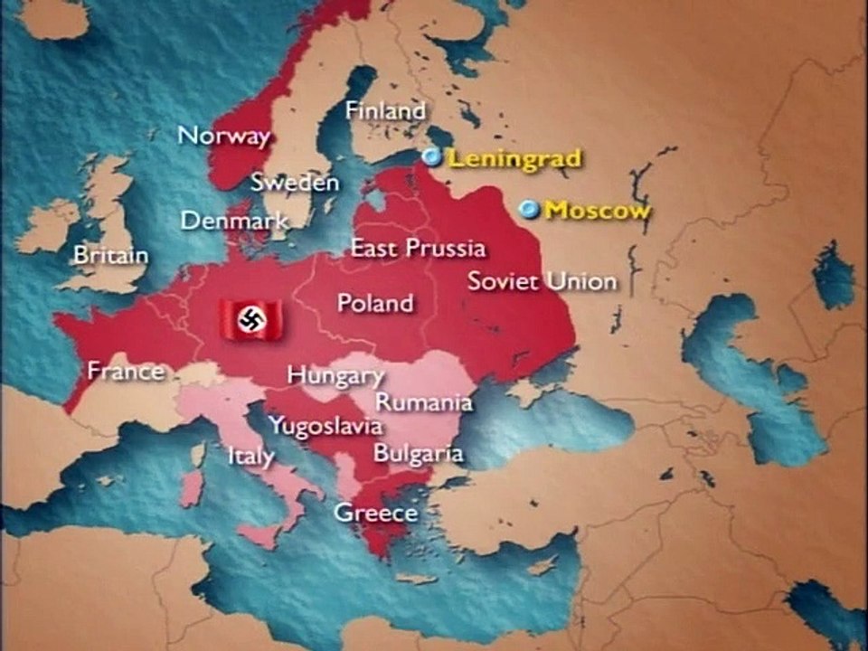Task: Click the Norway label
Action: [x=223, y=137]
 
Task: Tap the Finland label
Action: [x=385, y=111]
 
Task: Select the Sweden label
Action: [x=295, y=182]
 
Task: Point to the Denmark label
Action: [x=234, y=221]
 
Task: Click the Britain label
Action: [x=110, y=255]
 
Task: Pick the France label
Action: [x=126, y=371]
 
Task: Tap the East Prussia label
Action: [x=418, y=248]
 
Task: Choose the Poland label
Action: [x=374, y=303]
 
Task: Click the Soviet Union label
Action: [x=542, y=281]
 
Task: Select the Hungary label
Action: [x=335, y=375]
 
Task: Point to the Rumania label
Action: [x=424, y=401]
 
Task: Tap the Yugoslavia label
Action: [x=325, y=426]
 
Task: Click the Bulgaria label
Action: [x=419, y=453]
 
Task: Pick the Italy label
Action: [x=250, y=456]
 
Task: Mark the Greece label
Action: [x=376, y=514]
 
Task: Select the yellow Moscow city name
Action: [x=598, y=211]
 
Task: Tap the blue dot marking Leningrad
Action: [x=432, y=157]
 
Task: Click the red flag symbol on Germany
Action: [x=250, y=319]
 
